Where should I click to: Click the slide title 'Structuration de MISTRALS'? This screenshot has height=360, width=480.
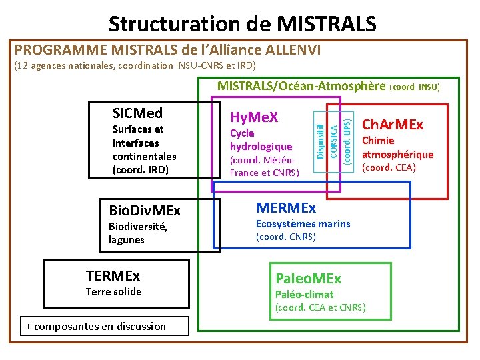coord(243,24)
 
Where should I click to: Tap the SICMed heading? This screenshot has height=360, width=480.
coord(137,113)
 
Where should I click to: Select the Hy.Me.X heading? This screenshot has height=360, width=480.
coord(253,117)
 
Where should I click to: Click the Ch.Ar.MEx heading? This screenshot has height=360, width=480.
coord(392,125)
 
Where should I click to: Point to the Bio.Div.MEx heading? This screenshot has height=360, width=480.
coord(144,211)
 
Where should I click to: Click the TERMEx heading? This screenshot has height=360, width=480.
coord(113,275)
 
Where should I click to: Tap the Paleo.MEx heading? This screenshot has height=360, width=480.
coord(308,278)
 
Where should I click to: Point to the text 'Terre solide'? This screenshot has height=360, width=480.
coord(113,292)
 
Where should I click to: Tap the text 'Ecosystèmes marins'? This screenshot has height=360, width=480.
coord(303,223)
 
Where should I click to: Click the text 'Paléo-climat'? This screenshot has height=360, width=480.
coord(304,294)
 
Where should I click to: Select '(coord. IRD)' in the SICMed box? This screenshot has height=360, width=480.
coord(141,169)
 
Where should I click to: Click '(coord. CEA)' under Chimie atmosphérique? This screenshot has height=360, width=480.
coord(389,167)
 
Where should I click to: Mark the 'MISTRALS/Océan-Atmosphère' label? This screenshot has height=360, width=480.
coord(301,85)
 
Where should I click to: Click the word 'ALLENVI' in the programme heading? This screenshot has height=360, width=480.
coord(293,50)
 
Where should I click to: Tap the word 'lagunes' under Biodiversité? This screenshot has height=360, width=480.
coord(126,240)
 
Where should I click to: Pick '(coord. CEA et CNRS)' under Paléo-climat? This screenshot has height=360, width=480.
coord(320,307)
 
